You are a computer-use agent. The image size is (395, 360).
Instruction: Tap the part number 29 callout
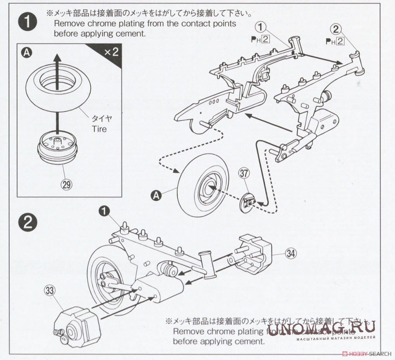(x=67, y=184)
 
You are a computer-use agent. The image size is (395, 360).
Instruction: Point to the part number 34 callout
(x=291, y=254)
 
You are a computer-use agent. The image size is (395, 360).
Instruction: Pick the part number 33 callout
(x=49, y=290)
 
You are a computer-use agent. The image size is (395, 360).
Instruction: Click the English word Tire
(x=99, y=128)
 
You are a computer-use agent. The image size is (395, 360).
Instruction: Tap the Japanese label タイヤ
(x=99, y=118)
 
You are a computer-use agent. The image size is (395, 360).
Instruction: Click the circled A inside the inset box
(x=26, y=53)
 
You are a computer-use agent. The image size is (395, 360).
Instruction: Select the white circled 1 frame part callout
(x=262, y=27)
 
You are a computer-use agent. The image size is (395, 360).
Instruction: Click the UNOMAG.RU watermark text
(x=321, y=329)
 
